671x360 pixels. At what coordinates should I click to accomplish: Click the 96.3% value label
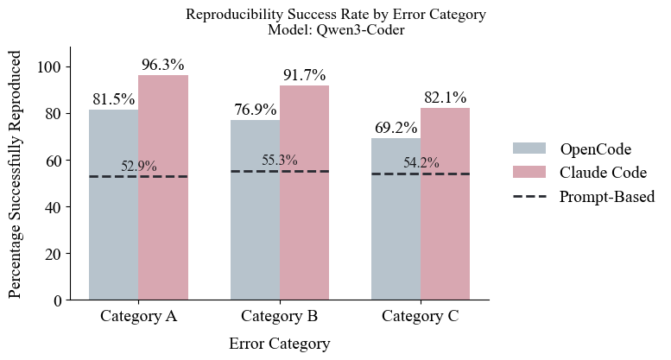pos(163,65)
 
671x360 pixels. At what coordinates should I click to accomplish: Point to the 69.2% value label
pos(396,128)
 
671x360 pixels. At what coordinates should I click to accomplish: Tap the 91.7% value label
pos(305,75)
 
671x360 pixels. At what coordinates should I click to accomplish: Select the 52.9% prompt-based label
pos(138,167)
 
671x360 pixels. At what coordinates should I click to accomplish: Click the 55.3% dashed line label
pos(280,161)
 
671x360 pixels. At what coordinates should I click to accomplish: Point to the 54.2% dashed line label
pos(421,163)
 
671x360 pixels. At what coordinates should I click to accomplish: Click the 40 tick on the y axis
pos(54,207)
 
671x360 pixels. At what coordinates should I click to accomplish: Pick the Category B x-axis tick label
pos(280,316)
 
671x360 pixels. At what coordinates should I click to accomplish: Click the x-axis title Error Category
pos(279,344)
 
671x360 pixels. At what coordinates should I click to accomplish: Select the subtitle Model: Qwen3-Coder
pos(336,30)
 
